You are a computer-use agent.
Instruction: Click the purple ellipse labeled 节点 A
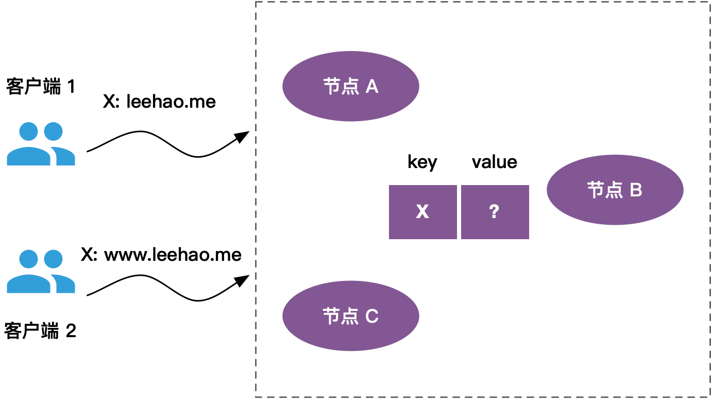click(351, 86)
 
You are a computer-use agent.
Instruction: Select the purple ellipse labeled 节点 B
click(615, 190)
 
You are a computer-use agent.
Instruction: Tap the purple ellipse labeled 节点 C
click(351, 315)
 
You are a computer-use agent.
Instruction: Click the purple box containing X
click(422, 212)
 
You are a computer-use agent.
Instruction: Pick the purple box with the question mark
click(495, 212)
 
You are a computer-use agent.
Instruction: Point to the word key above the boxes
click(422, 162)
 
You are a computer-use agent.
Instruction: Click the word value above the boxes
click(494, 162)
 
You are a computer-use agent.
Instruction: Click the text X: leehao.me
click(159, 102)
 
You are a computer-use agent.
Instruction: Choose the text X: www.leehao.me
click(161, 255)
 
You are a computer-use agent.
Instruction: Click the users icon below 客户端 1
click(41, 144)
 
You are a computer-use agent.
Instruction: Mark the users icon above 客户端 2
click(41, 271)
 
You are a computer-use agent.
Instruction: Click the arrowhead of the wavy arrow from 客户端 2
click(243, 280)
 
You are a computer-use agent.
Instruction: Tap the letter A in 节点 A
click(372, 87)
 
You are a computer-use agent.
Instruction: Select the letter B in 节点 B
click(636, 190)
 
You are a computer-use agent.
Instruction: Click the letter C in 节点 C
click(372, 316)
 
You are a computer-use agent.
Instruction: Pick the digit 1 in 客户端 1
click(71, 87)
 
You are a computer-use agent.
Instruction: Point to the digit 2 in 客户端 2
click(71, 331)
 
